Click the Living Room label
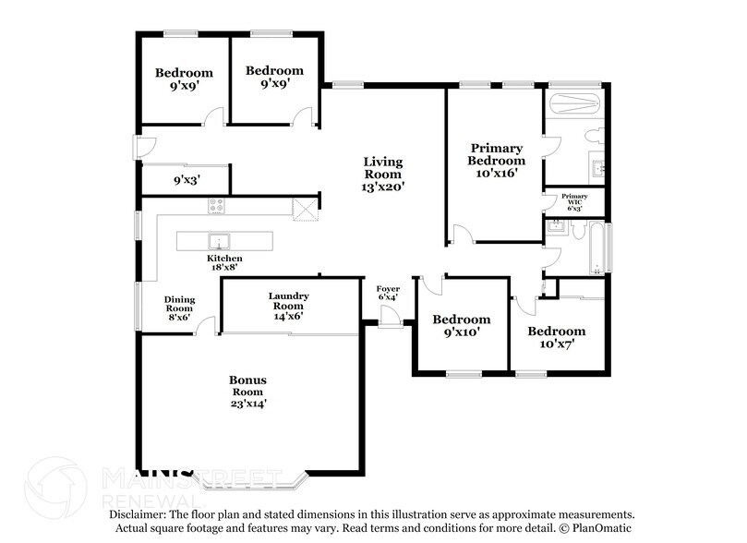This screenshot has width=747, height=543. [382, 174]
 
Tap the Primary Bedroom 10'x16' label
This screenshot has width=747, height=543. [497, 160]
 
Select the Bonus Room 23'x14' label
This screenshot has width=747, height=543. [248, 391]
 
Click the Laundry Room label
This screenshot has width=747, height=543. [288, 306]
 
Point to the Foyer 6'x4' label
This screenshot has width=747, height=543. [388, 294]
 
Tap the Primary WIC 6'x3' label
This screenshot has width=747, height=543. [574, 201]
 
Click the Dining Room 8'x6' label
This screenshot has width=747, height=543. [178, 308]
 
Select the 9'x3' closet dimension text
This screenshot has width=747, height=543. [187, 180]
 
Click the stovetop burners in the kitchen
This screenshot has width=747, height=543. [217, 207]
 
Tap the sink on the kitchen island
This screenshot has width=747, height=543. [220, 242]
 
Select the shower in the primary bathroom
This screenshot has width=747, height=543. [573, 103]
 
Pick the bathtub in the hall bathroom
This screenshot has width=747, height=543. [596, 249]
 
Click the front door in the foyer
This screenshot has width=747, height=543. [392, 316]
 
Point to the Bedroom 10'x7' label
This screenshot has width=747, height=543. [556, 337]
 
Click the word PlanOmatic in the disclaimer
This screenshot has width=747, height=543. [605, 527]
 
